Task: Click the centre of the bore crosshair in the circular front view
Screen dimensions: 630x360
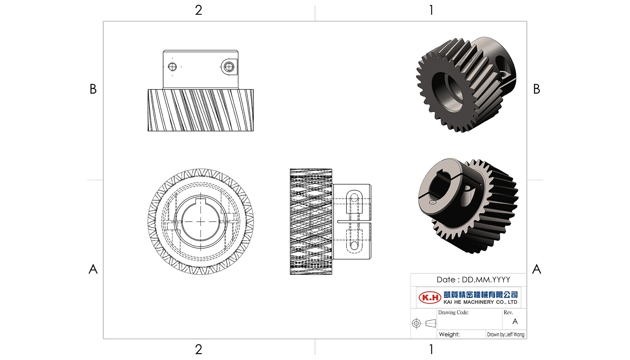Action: [x=201, y=222]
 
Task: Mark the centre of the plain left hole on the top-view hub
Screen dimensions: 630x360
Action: [x=172, y=67]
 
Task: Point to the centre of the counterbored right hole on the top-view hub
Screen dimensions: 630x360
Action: [x=229, y=67]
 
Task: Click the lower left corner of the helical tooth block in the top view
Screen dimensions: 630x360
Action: [x=148, y=131]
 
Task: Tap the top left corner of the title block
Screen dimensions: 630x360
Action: [x=411, y=273]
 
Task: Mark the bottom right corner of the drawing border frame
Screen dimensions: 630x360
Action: [x=527, y=339]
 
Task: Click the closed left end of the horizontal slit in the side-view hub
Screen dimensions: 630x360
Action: [x=338, y=221]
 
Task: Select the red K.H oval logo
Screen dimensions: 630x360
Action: [x=430, y=297]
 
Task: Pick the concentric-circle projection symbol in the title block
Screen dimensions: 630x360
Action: [x=416, y=323]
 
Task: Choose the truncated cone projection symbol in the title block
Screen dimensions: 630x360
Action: [x=431, y=323]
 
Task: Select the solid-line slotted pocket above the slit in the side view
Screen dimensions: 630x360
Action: [x=354, y=201]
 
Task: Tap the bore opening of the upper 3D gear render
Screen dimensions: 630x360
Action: [x=449, y=92]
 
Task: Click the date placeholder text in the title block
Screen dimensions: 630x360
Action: [x=473, y=280]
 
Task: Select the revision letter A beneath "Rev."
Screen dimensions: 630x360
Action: [x=515, y=321]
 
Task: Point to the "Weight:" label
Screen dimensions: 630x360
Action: [x=449, y=334]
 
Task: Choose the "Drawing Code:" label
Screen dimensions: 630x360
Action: [x=453, y=312]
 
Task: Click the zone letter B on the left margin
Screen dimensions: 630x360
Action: [x=93, y=89]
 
